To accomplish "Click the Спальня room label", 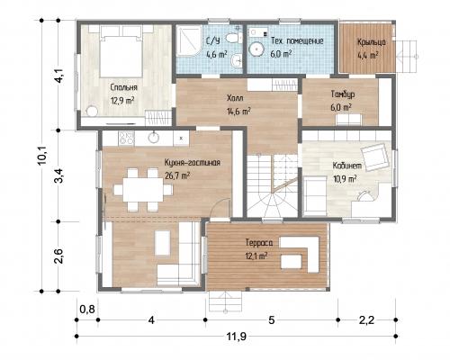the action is coord(123,87).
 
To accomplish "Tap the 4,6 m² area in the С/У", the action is coord(216,54).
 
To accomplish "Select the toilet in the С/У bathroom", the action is coord(234,38).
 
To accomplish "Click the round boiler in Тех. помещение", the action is coord(256,48).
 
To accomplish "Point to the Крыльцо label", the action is coord(372,42).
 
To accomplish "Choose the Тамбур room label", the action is coord(343,94).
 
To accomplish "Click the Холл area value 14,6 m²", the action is coord(239,112).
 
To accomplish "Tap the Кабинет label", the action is coord(347,166).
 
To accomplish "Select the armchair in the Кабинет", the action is coord(375,157).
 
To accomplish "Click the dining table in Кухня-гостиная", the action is coord(143,190).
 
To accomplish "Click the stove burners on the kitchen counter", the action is coord(127,138).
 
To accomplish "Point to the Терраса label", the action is coord(259,243).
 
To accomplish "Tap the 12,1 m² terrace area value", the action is coord(256,256).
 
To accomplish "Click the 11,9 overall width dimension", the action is coord(238,337).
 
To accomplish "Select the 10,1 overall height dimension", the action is coord(41,155).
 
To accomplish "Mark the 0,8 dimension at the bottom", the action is coord(87,309).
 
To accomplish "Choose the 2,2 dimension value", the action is coord(366,320).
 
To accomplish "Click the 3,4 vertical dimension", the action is coord(58,175).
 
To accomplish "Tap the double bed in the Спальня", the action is coord(121,51).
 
